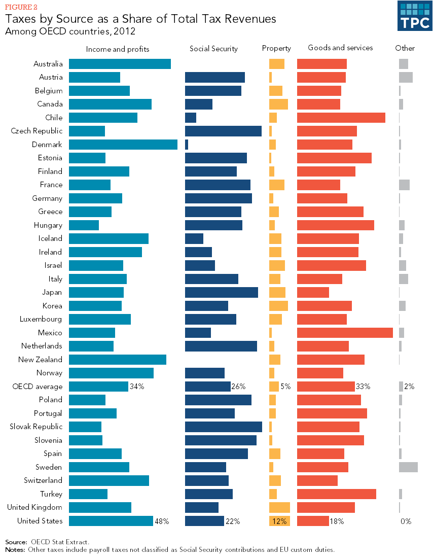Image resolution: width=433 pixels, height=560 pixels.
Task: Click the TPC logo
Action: tap(414, 16)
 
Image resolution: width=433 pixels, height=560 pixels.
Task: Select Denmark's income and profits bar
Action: tap(123, 145)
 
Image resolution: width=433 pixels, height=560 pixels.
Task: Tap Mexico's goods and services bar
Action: tap(345, 333)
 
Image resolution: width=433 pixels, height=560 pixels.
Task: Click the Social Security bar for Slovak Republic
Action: tap(224, 427)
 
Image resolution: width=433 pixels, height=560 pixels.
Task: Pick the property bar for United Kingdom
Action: tap(279, 507)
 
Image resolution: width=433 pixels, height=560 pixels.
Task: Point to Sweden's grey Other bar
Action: tap(408, 467)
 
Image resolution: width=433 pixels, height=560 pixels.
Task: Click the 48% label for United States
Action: tap(162, 521)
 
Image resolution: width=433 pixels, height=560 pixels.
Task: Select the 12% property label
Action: tap(279, 521)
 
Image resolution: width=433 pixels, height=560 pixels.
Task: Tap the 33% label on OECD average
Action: tap(363, 387)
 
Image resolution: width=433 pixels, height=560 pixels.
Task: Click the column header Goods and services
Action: tap(340, 48)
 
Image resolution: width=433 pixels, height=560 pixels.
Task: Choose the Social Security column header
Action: tap(213, 49)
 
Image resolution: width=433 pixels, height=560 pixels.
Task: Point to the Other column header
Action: tap(405, 48)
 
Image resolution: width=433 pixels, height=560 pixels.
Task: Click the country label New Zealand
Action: tap(40, 360)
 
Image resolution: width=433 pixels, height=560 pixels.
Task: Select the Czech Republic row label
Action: tap(37, 131)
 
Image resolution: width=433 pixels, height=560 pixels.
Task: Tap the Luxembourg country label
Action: tap(41, 319)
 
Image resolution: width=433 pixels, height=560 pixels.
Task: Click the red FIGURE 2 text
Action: tap(21, 7)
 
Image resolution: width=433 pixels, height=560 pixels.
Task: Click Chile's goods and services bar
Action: tap(341, 118)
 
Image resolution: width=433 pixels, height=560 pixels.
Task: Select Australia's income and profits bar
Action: tap(120, 64)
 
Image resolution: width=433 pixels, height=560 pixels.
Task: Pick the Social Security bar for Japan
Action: tap(222, 292)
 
